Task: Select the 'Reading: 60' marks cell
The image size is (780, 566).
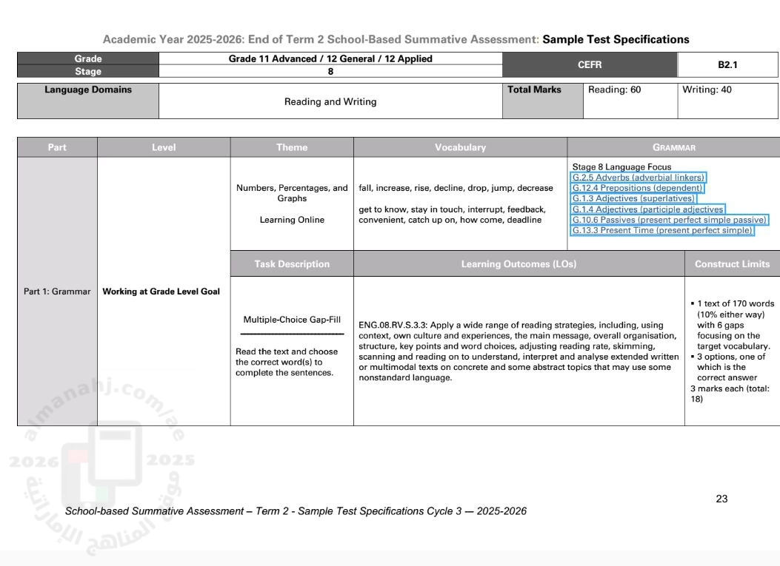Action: (614, 90)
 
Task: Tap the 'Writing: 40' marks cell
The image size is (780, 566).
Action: (707, 90)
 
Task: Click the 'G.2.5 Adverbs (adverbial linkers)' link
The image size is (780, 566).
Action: (639, 178)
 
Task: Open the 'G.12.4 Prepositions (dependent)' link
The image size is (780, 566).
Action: (637, 188)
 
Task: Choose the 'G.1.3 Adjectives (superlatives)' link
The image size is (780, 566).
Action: (633, 198)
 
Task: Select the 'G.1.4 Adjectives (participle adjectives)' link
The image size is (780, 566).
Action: (648, 209)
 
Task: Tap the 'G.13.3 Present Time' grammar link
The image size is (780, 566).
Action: (662, 231)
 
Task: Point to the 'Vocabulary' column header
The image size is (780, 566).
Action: (460, 147)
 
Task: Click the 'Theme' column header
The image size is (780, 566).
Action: (292, 147)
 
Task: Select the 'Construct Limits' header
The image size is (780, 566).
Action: (732, 263)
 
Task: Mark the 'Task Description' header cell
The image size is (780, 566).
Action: (292, 263)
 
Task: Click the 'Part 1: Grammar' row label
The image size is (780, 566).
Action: (57, 292)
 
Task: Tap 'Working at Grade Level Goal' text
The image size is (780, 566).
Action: (161, 292)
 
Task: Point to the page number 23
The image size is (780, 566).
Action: (721, 499)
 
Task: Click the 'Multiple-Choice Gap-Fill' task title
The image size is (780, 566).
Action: (292, 320)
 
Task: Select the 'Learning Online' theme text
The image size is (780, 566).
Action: (292, 220)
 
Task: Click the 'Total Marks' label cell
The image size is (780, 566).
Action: (535, 90)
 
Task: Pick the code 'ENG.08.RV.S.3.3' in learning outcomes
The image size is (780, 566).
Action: (392, 325)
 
